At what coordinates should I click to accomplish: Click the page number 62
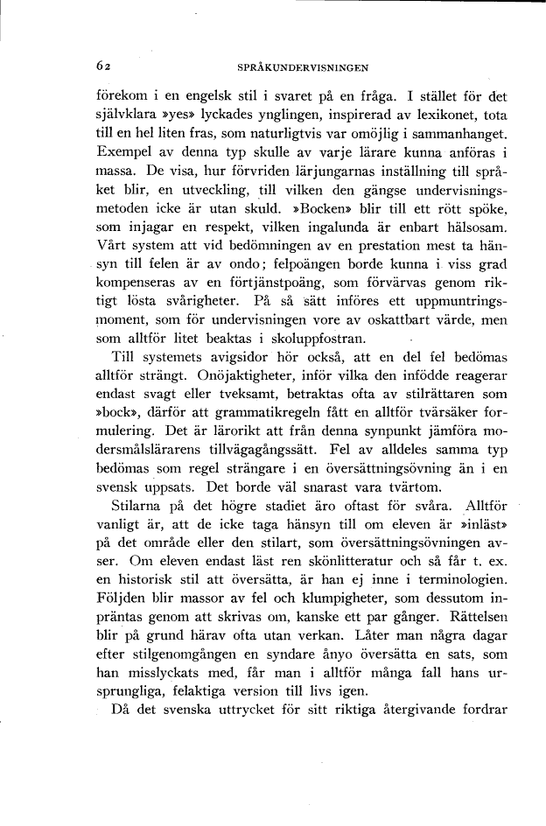(104, 66)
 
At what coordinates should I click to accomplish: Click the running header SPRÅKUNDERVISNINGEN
(301, 66)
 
